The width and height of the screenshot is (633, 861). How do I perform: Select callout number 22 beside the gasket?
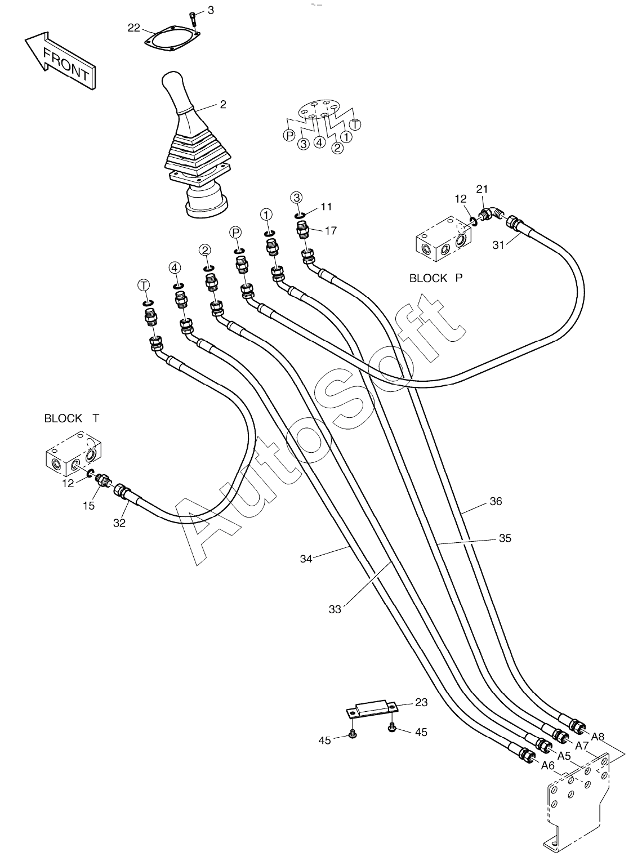click(133, 28)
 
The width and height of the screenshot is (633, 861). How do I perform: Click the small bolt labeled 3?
click(193, 17)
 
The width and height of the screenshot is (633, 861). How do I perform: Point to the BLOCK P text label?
click(436, 278)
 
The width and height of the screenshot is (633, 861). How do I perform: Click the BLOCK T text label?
click(72, 418)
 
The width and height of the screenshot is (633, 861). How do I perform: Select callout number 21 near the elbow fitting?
click(482, 189)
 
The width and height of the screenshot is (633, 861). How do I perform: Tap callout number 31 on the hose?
click(498, 245)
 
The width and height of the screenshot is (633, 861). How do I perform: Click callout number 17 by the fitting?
click(331, 231)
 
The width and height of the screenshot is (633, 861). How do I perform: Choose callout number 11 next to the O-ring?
click(326, 207)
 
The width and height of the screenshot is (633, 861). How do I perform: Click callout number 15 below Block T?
click(89, 506)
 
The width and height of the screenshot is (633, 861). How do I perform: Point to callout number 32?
click(119, 523)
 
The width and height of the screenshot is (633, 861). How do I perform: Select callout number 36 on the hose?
click(496, 501)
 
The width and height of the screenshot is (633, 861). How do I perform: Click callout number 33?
click(335, 609)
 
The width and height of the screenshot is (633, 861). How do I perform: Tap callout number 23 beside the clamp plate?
click(421, 702)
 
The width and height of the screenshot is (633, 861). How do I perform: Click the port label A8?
click(598, 737)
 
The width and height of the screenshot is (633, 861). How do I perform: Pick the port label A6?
click(548, 766)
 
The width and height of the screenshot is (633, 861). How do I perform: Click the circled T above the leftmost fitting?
click(144, 285)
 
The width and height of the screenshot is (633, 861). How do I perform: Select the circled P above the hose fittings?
click(235, 232)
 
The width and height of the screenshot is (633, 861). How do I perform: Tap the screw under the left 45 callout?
click(351, 734)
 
